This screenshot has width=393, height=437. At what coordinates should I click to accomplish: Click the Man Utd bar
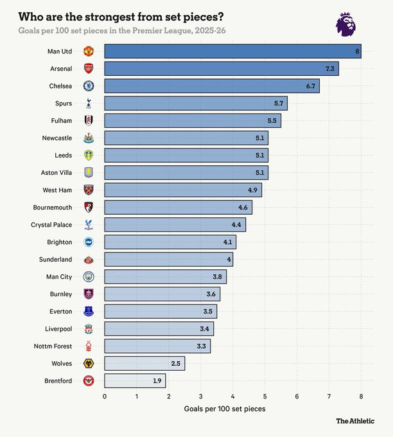click(x=232, y=51)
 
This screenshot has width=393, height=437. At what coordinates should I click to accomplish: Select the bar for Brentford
click(x=135, y=380)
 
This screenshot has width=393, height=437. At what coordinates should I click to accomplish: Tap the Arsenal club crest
click(x=89, y=68)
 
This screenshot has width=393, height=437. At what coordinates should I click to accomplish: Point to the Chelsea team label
click(x=61, y=85)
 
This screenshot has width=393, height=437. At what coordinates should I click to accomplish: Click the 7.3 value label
click(x=331, y=68)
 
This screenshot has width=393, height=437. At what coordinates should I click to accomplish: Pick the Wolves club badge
click(x=89, y=363)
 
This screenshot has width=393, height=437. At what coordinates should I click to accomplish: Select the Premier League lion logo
click(x=346, y=24)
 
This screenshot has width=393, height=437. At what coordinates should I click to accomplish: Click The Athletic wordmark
click(x=355, y=421)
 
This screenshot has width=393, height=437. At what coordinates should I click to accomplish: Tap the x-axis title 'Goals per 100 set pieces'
click(x=224, y=409)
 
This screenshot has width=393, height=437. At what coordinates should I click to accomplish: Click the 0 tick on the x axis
click(x=105, y=396)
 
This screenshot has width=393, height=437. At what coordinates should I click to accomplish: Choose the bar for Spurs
click(x=196, y=103)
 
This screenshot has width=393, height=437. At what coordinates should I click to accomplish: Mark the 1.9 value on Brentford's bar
click(x=157, y=380)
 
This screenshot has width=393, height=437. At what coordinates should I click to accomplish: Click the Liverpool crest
click(x=89, y=328)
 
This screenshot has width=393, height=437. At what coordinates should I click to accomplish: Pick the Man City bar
click(x=166, y=276)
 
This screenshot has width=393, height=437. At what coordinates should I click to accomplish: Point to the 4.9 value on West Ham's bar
click(x=254, y=190)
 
